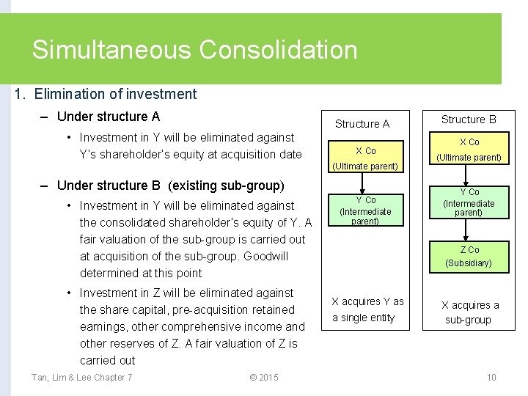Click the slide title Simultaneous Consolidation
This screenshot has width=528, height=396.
coord(194,50)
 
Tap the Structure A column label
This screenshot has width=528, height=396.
coord(362,124)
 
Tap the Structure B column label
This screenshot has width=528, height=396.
coord(469,120)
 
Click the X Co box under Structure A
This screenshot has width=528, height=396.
coord(365,158)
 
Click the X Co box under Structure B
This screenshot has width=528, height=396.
coord(469,149)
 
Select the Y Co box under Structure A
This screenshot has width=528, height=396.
coord(365,210)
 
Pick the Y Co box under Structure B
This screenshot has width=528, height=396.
coord(469,202)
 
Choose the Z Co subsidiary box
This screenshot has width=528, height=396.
coord(469,256)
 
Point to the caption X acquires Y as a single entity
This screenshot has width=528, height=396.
coord(367,309)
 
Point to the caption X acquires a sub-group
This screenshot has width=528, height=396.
coord(469,313)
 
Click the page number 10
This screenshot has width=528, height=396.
coord(491,378)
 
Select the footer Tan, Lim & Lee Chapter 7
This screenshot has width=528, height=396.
coord(81,378)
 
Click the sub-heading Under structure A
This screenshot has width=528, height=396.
coord(108,117)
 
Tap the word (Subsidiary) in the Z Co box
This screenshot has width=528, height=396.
coord(469,263)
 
